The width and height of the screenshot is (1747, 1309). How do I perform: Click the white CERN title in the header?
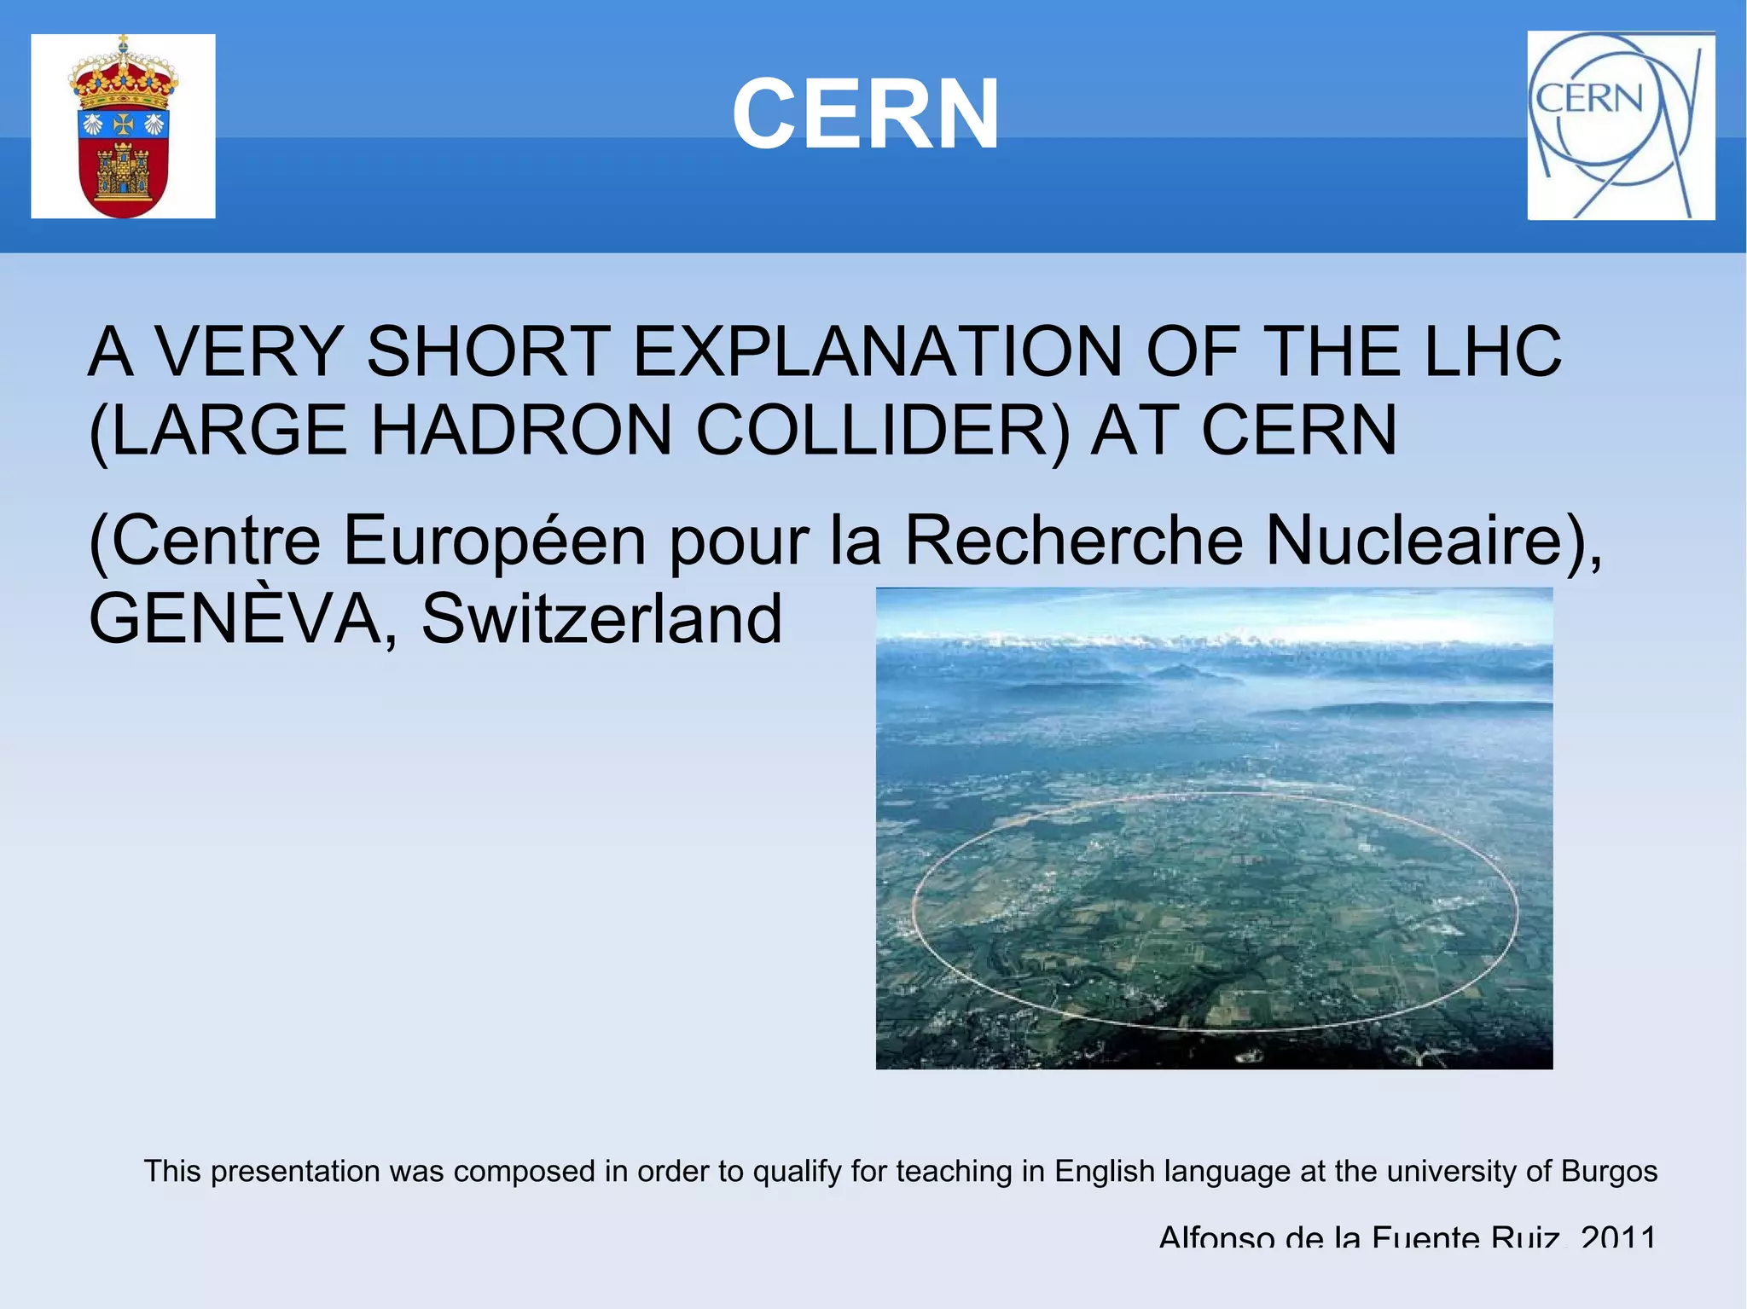pos(865,114)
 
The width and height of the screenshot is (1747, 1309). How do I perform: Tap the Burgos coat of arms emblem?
pos(123,126)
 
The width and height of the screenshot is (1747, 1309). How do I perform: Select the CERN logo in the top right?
pos(1621,125)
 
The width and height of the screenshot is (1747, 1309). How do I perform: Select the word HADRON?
pos(521,430)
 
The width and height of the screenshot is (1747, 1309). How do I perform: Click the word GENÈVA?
pos(244,618)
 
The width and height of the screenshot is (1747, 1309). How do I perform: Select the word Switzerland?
pos(601,618)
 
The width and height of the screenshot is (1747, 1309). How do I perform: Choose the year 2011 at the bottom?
pos(1618,1236)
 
